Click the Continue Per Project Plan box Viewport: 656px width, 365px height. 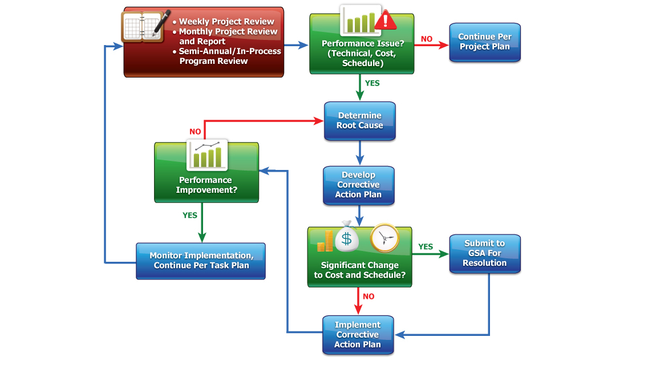(x=484, y=42)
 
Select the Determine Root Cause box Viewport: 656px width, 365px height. (x=359, y=120)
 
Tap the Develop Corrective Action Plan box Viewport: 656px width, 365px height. (x=358, y=185)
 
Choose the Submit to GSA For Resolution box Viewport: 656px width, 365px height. (x=484, y=253)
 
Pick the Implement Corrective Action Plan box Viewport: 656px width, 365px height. (x=358, y=335)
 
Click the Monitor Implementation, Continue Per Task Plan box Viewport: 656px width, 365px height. (x=200, y=261)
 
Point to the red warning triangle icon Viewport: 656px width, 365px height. (x=386, y=19)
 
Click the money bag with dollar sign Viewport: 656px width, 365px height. (x=347, y=236)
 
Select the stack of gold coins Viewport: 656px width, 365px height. (x=325, y=241)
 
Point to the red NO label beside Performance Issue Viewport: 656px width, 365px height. (x=427, y=39)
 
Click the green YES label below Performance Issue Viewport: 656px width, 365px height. (x=372, y=83)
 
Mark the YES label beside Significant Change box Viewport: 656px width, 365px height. (x=426, y=247)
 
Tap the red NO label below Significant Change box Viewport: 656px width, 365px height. (x=369, y=297)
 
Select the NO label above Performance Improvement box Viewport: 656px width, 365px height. (x=195, y=132)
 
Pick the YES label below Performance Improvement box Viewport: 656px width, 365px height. (x=190, y=216)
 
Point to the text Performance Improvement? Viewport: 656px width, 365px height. (x=206, y=185)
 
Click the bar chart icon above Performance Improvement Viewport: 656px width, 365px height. (x=207, y=155)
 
